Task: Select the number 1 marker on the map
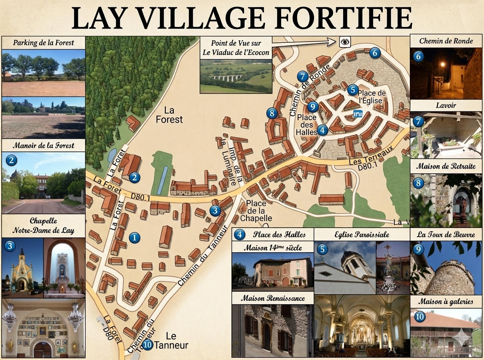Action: pyautogui.click(x=134, y=238)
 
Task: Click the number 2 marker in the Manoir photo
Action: pyautogui.click(x=12, y=160)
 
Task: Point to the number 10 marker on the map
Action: pyautogui.click(x=148, y=345)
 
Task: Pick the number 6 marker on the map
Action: pyautogui.click(x=375, y=52)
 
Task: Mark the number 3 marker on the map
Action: pyautogui.click(x=215, y=210)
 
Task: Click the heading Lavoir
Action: pyautogui.click(x=446, y=105)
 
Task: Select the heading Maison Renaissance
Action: pyautogui.click(x=273, y=299)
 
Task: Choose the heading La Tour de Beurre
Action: pyautogui.click(x=446, y=234)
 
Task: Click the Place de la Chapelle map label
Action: pyautogui.click(x=256, y=210)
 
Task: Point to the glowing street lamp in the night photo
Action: pyautogui.click(x=442, y=64)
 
